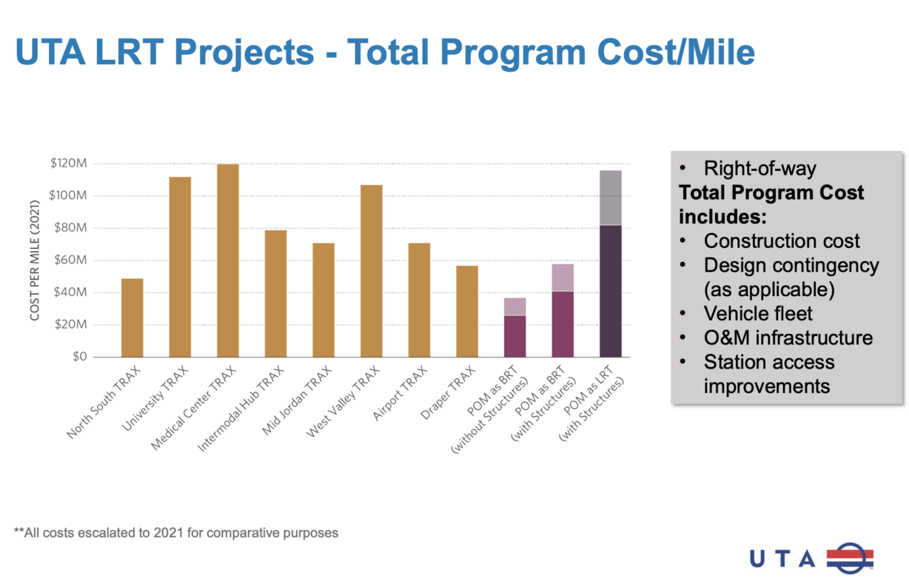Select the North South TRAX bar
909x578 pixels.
(x=133, y=317)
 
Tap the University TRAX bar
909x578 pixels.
(x=180, y=266)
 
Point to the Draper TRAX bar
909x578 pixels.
(x=467, y=311)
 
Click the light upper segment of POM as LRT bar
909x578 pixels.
(x=610, y=197)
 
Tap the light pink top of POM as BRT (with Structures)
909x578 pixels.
(x=563, y=278)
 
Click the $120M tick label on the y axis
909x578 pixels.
(x=69, y=164)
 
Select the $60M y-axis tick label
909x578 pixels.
(x=71, y=261)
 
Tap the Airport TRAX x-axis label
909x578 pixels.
(x=400, y=393)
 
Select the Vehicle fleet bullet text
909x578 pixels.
(x=758, y=313)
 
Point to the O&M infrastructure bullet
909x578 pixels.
(x=788, y=337)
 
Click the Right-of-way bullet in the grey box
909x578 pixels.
(x=759, y=169)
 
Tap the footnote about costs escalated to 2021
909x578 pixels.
(x=176, y=532)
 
